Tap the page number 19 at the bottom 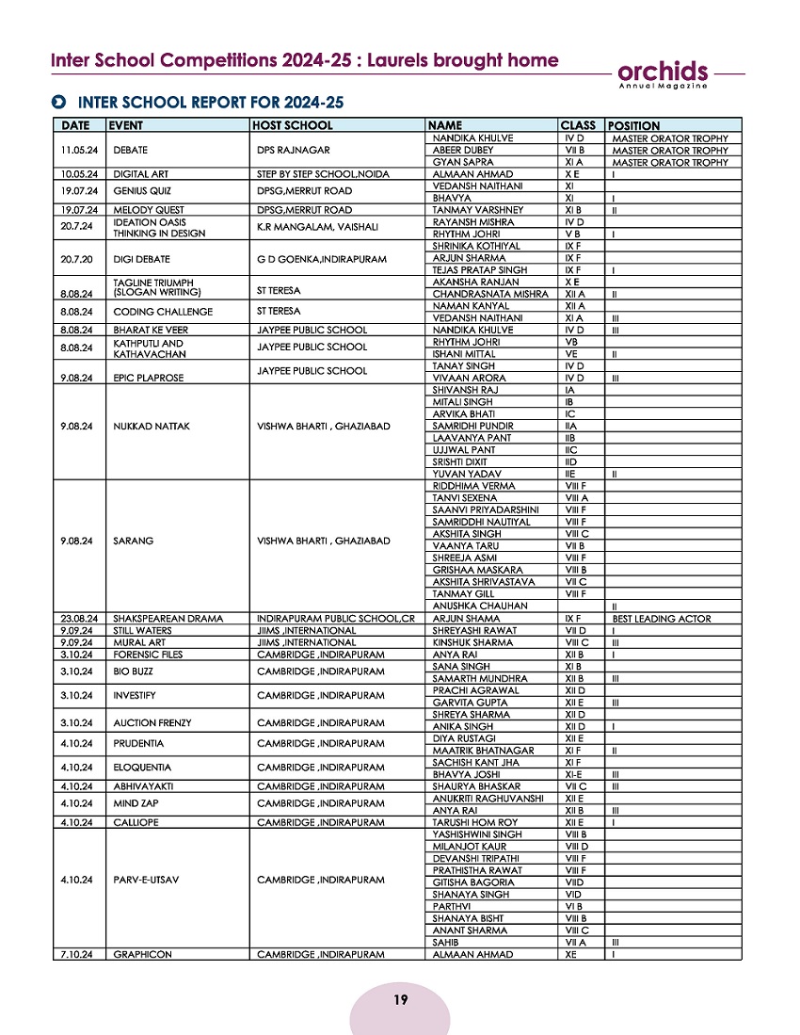[x=401, y=999]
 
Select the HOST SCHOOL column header [x=293, y=125]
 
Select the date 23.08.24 [x=80, y=618]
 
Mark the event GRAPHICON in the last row [x=142, y=954]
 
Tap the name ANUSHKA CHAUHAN [x=473, y=606]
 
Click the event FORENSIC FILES [x=148, y=654]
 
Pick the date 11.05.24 [x=80, y=151]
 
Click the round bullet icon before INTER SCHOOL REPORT [x=60, y=102]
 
